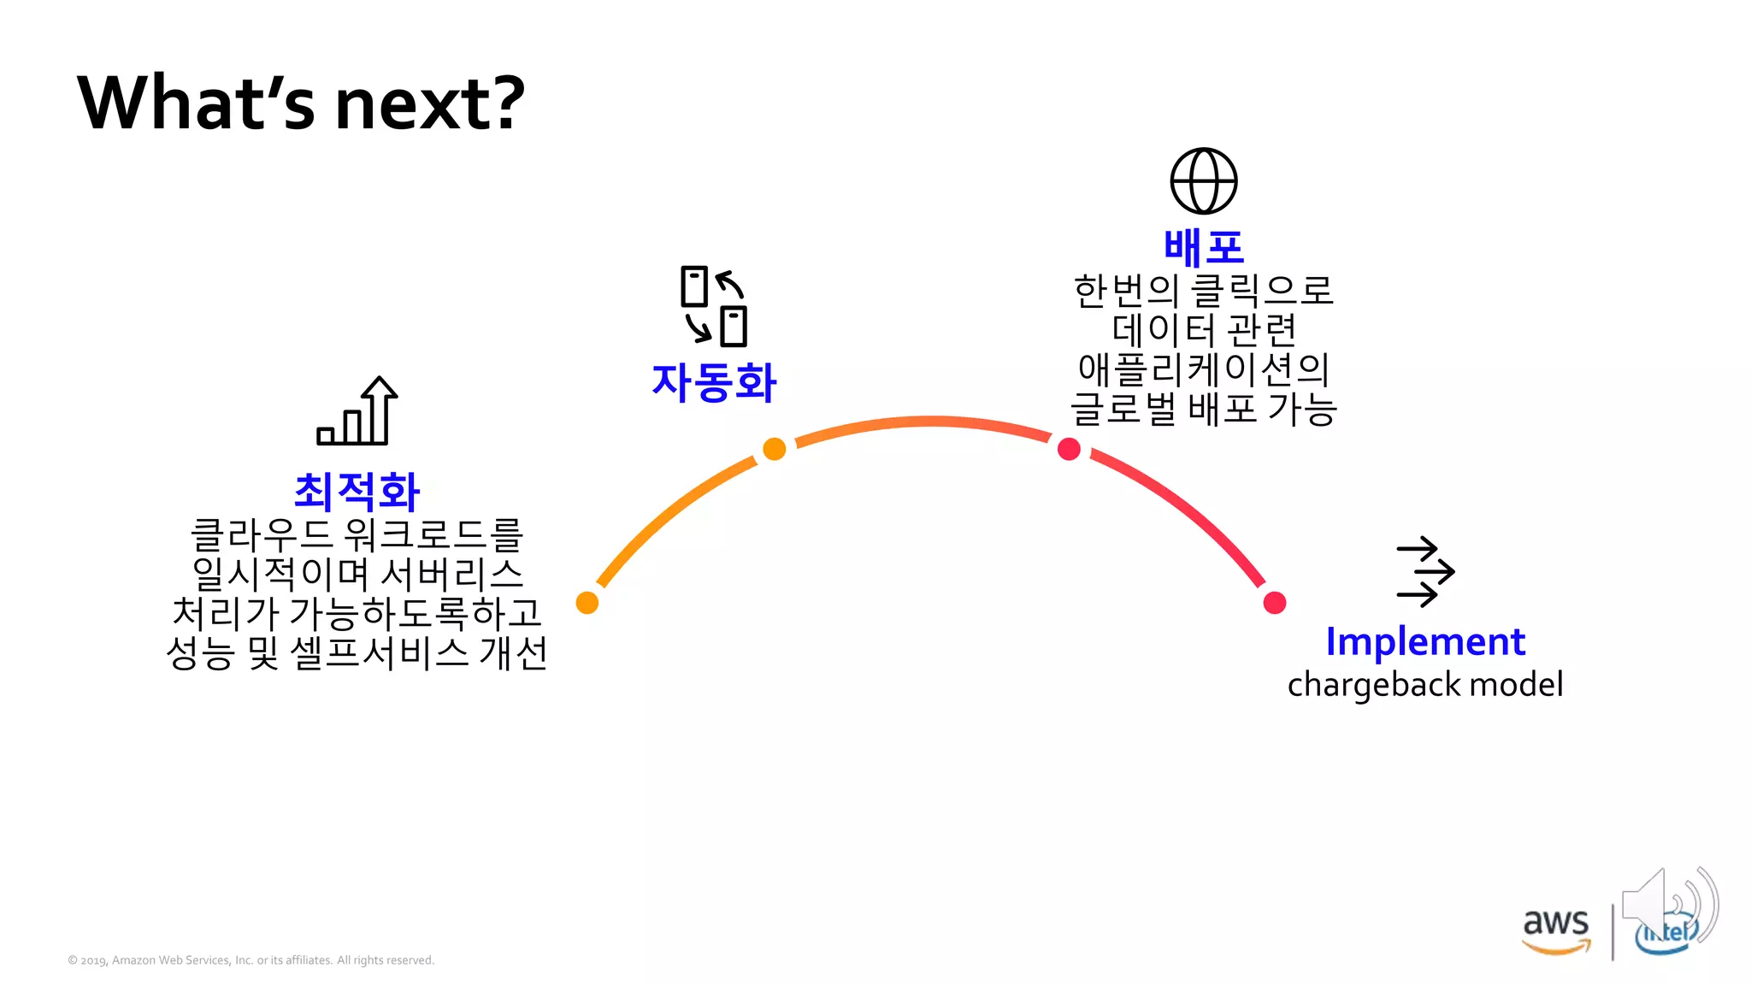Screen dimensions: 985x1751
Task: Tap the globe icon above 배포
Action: point(1203,181)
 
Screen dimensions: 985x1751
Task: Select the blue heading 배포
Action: point(1203,248)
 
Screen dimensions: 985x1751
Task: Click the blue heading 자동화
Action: point(714,382)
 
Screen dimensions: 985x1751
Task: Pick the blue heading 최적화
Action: point(357,492)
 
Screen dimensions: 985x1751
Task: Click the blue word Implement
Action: point(1424,641)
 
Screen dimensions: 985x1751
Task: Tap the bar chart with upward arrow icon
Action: point(357,411)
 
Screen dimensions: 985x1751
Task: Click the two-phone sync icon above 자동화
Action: point(714,306)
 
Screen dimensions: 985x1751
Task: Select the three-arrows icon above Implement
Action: point(1425,572)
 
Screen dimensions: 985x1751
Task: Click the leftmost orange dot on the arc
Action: point(587,603)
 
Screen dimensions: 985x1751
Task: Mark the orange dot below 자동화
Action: point(774,449)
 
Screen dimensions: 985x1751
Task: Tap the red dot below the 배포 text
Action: point(1069,449)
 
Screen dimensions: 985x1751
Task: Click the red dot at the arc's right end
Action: point(1274,603)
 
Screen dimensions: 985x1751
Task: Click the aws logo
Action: point(1556,929)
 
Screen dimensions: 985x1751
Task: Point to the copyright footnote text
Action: point(251,960)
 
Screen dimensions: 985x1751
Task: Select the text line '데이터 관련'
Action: point(1203,329)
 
